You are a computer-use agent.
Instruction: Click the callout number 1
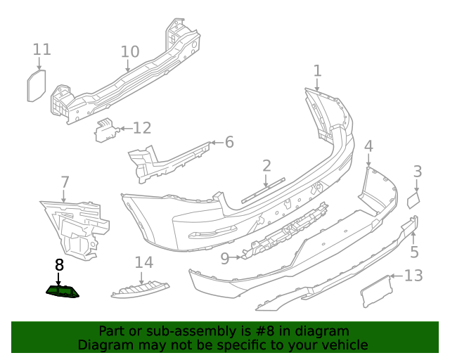(x=317, y=70)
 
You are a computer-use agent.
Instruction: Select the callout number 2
(x=266, y=166)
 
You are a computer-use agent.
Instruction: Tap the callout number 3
(x=417, y=171)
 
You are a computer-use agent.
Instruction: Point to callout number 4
(x=368, y=146)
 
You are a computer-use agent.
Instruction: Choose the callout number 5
(x=414, y=252)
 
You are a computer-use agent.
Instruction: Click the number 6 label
(x=229, y=142)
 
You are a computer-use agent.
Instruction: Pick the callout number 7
(x=65, y=183)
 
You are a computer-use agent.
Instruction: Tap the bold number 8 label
(x=59, y=265)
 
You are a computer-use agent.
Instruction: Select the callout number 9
(x=225, y=258)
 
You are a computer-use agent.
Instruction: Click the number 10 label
(x=130, y=51)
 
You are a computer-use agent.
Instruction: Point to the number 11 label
(x=42, y=49)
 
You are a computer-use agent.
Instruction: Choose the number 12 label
(x=142, y=128)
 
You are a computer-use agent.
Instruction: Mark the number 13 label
(x=413, y=275)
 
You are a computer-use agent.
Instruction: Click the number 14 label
(x=143, y=262)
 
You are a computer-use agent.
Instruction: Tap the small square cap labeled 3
(x=413, y=200)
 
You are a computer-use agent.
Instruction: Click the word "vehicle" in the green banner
(x=345, y=345)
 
